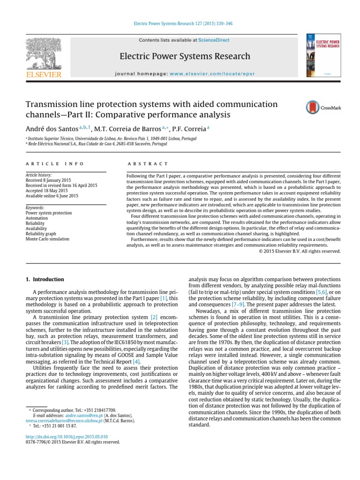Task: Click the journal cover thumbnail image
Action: coord(323,55)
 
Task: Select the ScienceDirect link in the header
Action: coord(214,40)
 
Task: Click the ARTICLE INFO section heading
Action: coord(55,164)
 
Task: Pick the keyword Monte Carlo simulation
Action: coord(47,239)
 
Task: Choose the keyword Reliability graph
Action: coord(42,233)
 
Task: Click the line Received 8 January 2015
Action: coord(49,180)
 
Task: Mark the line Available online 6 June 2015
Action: coord(52,196)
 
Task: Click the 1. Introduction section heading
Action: coord(45,279)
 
